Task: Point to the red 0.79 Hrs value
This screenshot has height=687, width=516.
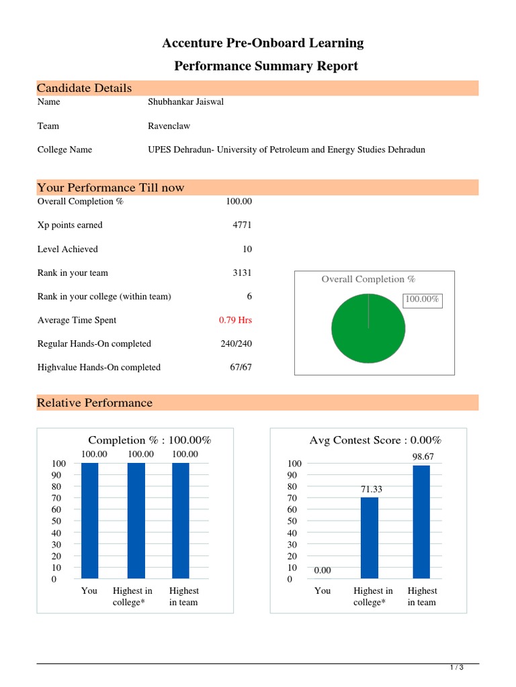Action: tap(235, 320)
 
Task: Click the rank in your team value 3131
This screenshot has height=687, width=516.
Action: tap(242, 273)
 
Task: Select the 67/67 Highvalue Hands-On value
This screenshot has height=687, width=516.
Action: tap(241, 367)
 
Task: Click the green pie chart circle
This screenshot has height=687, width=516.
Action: tap(368, 328)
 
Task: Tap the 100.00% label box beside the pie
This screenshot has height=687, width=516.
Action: tap(421, 299)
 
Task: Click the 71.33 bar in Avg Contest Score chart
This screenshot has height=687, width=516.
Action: tap(370, 537)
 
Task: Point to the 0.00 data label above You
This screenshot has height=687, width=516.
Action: tap(322, 570)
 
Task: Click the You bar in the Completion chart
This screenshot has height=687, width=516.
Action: tap(89, 520)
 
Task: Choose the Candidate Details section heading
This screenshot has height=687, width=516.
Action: tap(85, 89)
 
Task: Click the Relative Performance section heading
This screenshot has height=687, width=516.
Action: tap(95, 403)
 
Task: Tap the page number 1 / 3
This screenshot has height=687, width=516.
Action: tap(456, 668)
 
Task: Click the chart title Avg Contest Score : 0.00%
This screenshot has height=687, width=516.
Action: tap(375, 440)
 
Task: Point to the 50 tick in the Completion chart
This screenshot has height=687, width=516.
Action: tap(59, 521)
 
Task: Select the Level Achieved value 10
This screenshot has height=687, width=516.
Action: tap(247, 249)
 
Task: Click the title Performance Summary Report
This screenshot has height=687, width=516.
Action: tap(266, 66)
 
